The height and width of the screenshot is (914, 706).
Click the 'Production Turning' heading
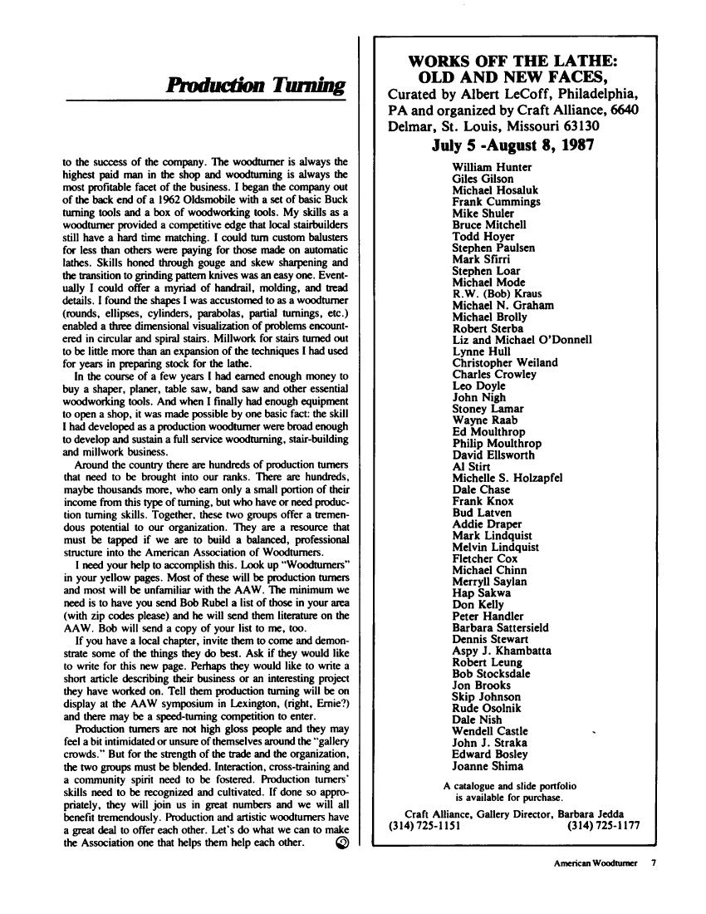[x=256, y=86]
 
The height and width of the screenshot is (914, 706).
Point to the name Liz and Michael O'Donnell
[x=522, y=339]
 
